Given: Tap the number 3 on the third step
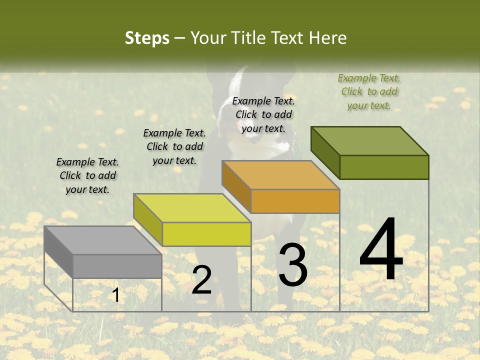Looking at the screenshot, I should pyautogui.click(x=292, y=265).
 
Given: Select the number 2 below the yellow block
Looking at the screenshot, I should pyautogui.click(x=201, y=280).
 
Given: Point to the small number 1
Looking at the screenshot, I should pyautogui.click(x=116, y=295).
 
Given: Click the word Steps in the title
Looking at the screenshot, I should pyautogui.click(x=146, y=38).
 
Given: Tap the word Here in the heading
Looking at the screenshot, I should pyautogui.click(x=327, y=38).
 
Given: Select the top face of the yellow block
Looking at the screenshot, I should pyautogui.click(x=192, y=208).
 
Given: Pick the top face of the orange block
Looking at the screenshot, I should pyautogui.click(x=281, y=175).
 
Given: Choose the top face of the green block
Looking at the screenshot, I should pyautogui.click(x=370, y=141).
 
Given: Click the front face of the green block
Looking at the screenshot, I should pyautogui.click(x=384, y=167).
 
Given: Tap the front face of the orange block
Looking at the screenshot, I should pyautogui.click(x=295, y=201).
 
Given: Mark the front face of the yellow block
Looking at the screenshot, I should pyautogui.click(x=206, y=234).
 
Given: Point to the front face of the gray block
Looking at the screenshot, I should pyautogui.click(x=117, y=266).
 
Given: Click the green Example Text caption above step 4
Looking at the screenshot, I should pyautogui.click(x=369, y=91).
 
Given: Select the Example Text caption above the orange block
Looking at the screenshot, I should pyautogui.click(x=263, y=114).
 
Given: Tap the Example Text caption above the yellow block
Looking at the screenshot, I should pyautogui.click(x=174, y=146).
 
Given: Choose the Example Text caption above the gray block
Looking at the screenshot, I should pyautogui.click(x=87, y=175).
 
